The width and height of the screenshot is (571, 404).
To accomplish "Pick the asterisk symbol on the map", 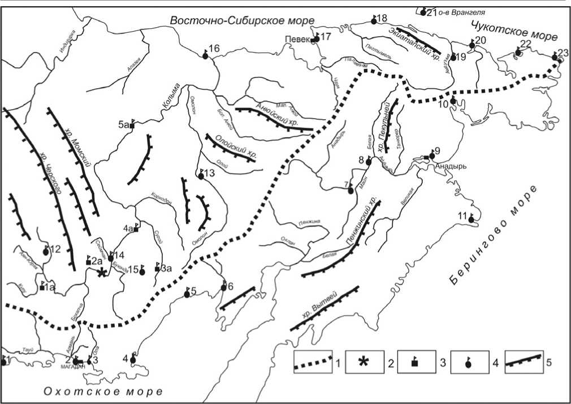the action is click(101, 273).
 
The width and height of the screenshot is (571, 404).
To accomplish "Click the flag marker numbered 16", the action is click(206, 55).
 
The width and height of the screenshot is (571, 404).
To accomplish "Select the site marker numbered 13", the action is click(201, 176).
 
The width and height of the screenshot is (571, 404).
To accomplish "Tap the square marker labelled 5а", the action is click(132, 126).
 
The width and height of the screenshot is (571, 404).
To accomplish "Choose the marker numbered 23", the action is click(555, 57).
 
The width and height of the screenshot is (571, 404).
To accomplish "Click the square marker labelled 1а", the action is click(42, 288).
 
